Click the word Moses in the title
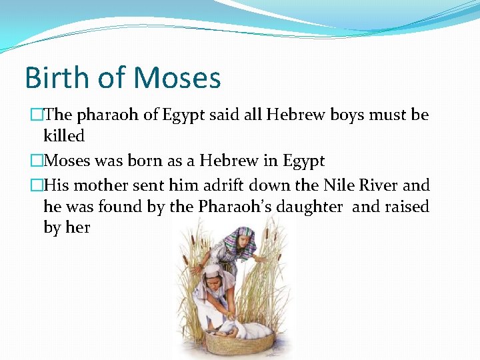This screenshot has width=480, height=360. (x=177, y=77)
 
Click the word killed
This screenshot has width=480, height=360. (x=64, y=137)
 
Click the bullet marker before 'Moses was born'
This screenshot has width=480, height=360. (x=37, y=161)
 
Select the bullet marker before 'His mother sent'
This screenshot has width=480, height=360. (x=37, y=185)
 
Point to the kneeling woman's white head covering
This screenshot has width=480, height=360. (x=212, y=271)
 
